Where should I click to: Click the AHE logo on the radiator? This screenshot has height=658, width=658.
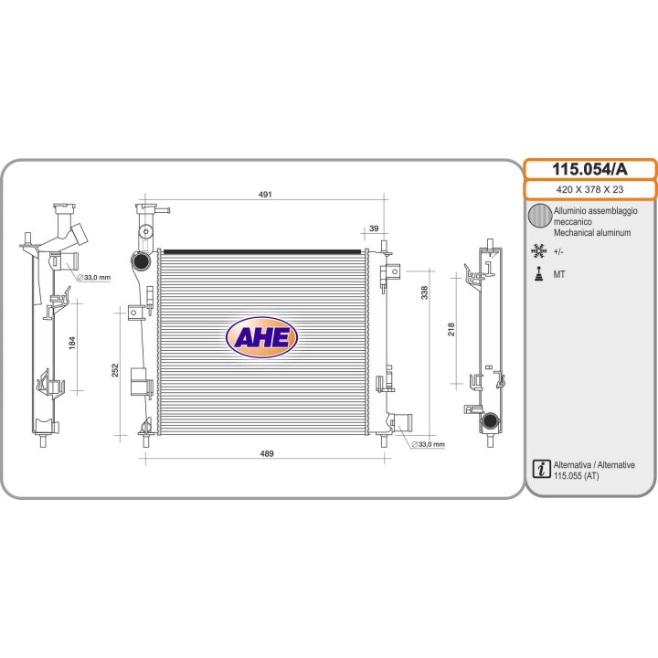[x=261, y=337]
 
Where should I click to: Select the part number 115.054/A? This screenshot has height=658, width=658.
[x=589, y=169]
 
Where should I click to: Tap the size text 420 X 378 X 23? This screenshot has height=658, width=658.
[x=589, y=190]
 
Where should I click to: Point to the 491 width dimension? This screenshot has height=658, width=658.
[x=265, y=195]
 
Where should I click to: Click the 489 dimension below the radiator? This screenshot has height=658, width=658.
[x=267, y=453]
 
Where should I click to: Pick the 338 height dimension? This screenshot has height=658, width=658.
[x=425, y=292]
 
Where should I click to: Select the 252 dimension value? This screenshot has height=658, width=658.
[x=115, y=370]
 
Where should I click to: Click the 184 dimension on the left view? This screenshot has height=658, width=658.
[x=72, y=343]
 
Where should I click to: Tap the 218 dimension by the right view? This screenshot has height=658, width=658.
[x=451, y=329]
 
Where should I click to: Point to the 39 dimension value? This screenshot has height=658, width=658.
[x=374, y=228]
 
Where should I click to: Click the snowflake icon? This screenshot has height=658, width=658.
[x=538, y=250]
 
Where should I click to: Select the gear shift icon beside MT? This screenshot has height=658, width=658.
[x=539, y=273]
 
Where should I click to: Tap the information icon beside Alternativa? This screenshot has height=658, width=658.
[x=541, y=469]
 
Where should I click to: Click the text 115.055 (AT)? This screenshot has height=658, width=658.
[x=576, y=476]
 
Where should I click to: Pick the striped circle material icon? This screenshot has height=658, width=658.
[x=540, y=216]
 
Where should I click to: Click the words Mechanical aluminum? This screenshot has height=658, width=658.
[x=592, y=232]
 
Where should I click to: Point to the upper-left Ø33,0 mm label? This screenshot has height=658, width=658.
[x=94, y=278]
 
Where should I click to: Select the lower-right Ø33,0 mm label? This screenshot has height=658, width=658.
[x=428, y=444]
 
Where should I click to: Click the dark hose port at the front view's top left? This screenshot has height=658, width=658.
[x=141, y=262]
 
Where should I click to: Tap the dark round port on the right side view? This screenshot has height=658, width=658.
[x=490, y=420]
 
